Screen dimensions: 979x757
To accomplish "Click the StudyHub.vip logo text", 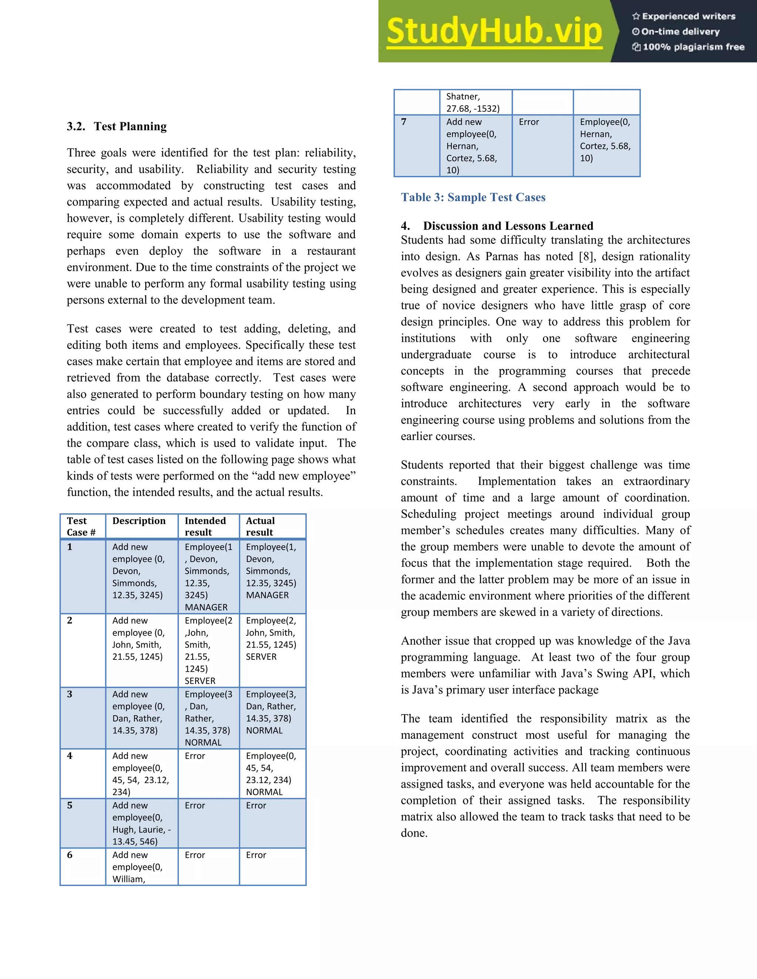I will (x=494, y=31).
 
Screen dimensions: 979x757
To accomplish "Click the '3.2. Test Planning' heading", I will (x=116, y=126).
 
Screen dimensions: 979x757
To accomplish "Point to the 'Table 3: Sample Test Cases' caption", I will (x=473, y=197).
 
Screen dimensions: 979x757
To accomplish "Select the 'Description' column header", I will (x=139, y=521).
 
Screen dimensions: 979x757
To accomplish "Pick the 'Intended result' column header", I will (x=206, y=526).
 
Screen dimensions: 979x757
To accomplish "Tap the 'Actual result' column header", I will (x=260, y=526).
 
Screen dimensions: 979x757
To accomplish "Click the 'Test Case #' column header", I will (x=81, y=526).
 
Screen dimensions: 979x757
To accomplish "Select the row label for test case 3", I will (x=70, y=694).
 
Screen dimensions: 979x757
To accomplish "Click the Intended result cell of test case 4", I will (x=195, y=756).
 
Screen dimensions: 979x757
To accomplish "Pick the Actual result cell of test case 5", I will (x=256, y=805).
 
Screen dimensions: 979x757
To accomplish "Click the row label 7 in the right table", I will (x=404, y=122).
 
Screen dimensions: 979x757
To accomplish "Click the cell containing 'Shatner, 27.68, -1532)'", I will (x=473, y=102).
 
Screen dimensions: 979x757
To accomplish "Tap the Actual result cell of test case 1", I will (x=271, y=571).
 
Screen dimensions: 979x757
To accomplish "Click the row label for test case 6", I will (x=70, y=855).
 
